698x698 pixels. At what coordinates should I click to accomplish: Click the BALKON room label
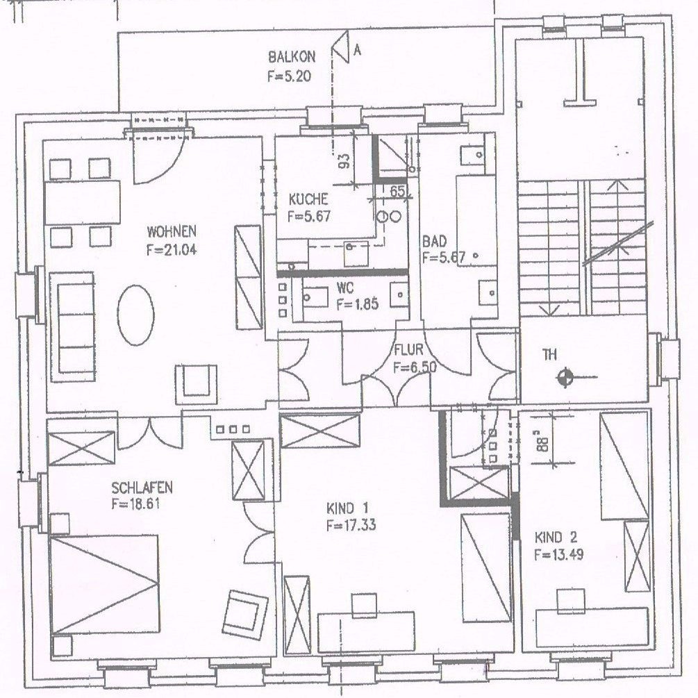(x=292, y=57)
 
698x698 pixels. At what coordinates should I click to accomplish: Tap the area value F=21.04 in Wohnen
(x=172, y=250)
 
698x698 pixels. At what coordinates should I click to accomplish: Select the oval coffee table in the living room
(x=135, y=315)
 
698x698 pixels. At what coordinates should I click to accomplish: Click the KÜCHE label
(x=308, y=199)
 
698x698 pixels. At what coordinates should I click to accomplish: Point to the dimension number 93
(x=344, y=160)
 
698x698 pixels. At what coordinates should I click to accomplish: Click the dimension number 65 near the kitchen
(x=397, y=192)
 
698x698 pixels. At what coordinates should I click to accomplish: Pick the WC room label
(x=345, y=288)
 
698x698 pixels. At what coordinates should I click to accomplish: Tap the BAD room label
(x=434, y=242)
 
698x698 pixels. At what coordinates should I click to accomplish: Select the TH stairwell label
(x=550, y=355)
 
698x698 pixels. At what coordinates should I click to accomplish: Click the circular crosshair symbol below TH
(x=565, y=378)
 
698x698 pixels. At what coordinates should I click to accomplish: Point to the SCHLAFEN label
(x=142, y=488)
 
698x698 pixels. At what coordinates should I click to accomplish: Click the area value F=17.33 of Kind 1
(x=351, y=525)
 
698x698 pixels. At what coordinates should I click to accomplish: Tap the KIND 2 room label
(x=556, y=538)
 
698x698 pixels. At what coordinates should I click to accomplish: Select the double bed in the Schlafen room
(x=105, y=584)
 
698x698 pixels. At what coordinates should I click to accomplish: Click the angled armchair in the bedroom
(x=245, y=615)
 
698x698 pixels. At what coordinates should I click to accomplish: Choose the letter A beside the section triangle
(x=356, y=50)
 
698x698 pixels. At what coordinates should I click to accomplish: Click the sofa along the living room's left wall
(x=72, y=327)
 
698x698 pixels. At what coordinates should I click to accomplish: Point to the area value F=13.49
(x=558, y=555)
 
